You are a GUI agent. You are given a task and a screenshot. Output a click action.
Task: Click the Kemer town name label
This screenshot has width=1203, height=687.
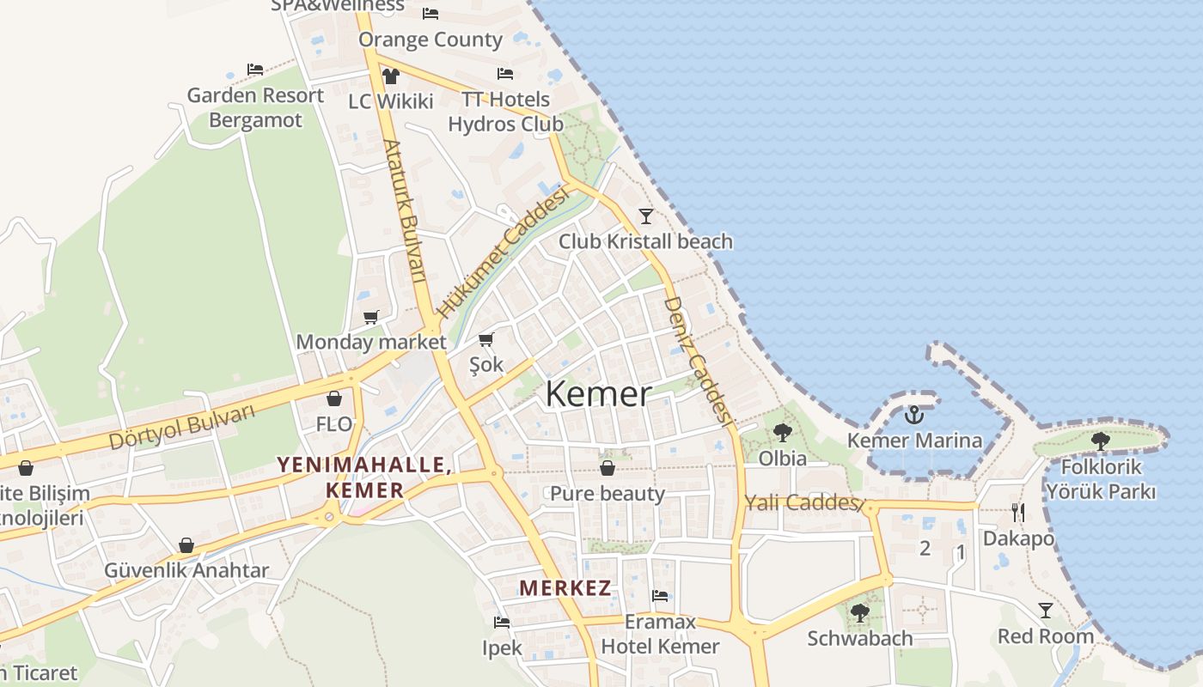click(x=598, y=394)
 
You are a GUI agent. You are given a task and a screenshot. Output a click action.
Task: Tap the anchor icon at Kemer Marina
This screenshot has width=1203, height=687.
click(x=913, y=415)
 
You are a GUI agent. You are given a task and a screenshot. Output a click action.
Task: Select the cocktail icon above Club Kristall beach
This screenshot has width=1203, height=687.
click(x=646, y=216)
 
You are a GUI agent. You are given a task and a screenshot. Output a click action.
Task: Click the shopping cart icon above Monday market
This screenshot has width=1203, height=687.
click(x=371, y=318)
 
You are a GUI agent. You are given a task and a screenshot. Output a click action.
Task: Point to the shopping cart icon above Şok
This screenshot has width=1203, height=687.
click(x=486, y=339)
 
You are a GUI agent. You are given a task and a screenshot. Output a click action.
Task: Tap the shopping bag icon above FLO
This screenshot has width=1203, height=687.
click(x=334, y=398)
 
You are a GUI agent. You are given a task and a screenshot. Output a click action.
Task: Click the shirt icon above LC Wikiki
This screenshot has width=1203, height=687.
click(x=391, y=76)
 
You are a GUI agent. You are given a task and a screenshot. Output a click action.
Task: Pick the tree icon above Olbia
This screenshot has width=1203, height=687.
click(x=782, y=432)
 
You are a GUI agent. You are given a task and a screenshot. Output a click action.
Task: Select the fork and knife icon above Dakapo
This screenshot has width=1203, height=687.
click(x=1018, y=513)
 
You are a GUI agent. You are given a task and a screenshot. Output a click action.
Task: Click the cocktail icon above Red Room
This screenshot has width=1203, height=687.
click(x=1045, y=611)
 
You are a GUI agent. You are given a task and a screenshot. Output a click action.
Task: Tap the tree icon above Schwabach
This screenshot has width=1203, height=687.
click(x=860, y=612)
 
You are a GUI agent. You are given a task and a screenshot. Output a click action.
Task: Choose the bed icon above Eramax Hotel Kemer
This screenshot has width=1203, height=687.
click(x=660, y=596)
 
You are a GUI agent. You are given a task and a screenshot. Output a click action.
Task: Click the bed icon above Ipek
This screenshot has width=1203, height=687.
click(x=502, y=622)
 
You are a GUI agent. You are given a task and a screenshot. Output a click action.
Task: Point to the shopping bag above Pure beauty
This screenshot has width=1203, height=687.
click(x=608, y=468)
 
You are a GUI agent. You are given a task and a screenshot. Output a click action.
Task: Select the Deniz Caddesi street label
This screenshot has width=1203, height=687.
click(x=698, y=362)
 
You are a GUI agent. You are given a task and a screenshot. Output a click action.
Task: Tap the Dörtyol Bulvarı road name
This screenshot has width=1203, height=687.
click(x=182, y=427)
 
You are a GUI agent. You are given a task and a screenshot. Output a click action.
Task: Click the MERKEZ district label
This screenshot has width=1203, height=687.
click(x=565, y=588)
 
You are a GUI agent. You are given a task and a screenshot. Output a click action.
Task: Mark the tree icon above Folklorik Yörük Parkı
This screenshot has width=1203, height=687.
click(x=1101, y=441)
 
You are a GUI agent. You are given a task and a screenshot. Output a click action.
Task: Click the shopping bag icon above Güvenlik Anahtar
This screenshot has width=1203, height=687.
click(x=186, y=545)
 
